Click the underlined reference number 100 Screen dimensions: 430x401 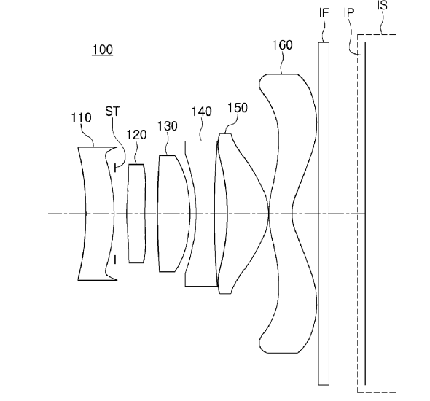tap(103, 50)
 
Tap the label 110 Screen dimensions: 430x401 tap(81, 117)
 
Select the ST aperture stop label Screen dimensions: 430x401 tap(112, 112)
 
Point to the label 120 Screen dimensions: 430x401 tap(136, 135)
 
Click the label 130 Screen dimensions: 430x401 tap(168, 126)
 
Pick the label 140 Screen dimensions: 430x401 tap(202, 112)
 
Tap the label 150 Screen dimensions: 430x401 tap(238, 108)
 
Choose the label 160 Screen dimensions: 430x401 tap(282, 45)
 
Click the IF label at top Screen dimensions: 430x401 tap(324, 13)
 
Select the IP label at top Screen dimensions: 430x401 tap(349, 12)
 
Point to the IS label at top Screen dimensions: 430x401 tap(383, 5)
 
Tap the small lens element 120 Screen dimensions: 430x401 tap(136, 214)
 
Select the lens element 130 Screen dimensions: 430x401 tap(173, 214)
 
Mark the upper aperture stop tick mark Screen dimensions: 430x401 tap(115, 168)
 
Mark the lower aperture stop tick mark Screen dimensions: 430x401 tap(115, 260)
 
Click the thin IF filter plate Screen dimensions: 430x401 tap(324, 214)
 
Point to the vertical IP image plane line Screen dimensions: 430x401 tap(365, 214)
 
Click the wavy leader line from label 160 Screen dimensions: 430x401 tap(282, 63)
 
